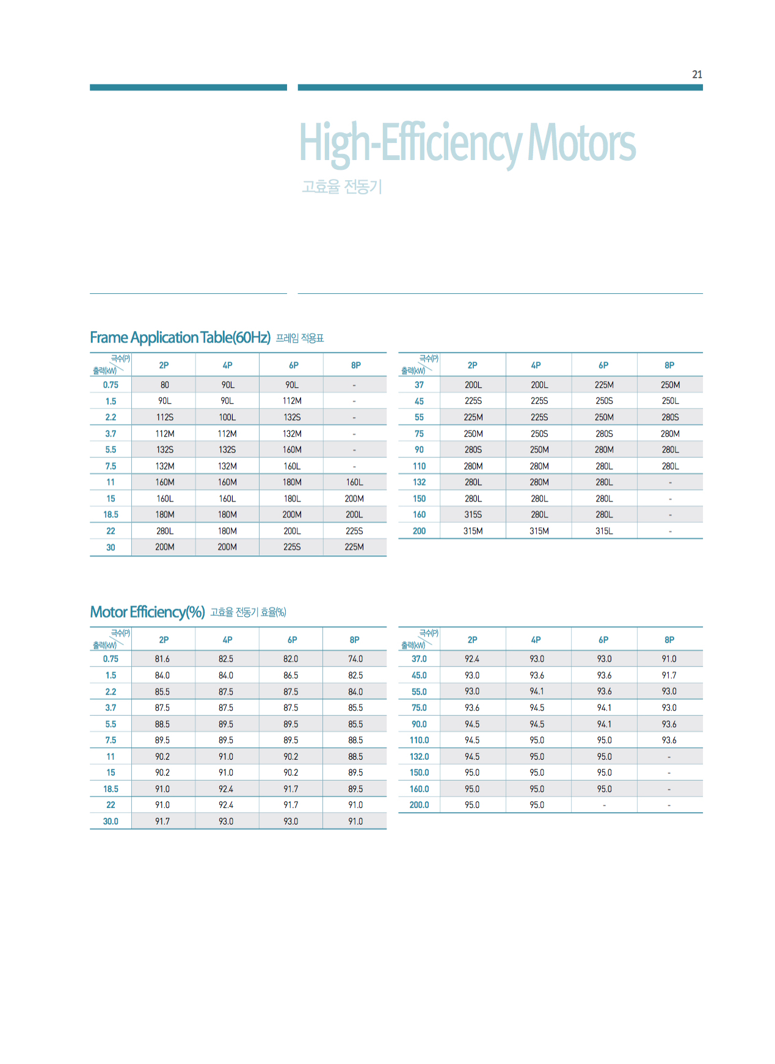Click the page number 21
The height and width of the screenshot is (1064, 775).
(697, 75)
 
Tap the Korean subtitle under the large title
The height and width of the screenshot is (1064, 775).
(342, 186)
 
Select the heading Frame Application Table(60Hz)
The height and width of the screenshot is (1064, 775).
(180, 337)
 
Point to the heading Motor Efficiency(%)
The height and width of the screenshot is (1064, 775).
(147, 611)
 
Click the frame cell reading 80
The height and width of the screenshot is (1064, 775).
(164, 385)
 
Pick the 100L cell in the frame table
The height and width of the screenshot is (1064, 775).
(227, 417)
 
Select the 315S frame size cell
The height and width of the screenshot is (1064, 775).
(473, 514)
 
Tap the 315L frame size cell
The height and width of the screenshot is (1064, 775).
(604, 531)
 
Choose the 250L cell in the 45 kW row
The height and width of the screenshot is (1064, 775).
(670, 401)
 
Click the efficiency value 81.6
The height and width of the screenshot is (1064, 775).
(162, 659)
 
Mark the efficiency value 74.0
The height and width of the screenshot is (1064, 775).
(355, 659)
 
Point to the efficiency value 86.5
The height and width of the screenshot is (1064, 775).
(291, 676)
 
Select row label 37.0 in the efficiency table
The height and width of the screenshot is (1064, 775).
(419, 659)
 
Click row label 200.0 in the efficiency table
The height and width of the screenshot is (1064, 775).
(419, 805)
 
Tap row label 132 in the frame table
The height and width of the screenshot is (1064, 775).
(419, 482)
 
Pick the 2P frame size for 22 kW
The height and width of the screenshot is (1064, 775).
(164, 531)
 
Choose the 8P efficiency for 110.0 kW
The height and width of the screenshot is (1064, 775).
(669, 740)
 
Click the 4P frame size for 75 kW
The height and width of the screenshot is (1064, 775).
(539, 434)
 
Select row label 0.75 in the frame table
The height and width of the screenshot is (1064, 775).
(111, 385)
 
